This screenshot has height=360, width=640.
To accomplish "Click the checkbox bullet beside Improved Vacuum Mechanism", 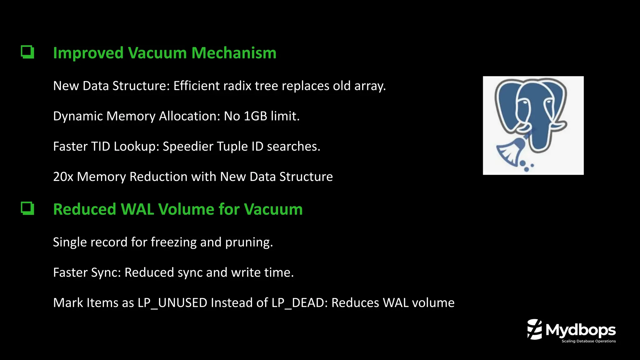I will click(27, 52).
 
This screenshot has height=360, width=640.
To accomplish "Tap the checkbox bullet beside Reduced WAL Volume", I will click(27, 208).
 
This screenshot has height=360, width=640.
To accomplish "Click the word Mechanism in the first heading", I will click(234, 53).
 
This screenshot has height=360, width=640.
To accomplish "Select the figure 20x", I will click(63, 177).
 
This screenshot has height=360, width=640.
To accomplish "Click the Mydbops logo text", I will click(580, 330).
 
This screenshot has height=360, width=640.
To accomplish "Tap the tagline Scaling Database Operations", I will click(588, 341).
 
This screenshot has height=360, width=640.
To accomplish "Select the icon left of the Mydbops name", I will click(534, 329).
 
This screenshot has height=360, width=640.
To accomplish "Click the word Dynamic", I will click(78, 116).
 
